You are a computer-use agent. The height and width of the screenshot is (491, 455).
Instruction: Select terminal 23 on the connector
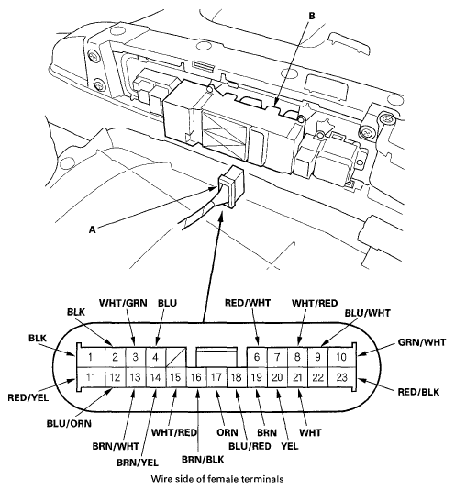click(x=340, y=376)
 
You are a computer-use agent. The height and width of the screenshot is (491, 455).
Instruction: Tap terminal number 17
click(x=216, y=376)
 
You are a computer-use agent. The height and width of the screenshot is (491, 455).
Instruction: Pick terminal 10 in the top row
click(x=340, y=356)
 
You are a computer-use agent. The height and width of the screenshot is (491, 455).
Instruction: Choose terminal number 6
click(x=258, y=356)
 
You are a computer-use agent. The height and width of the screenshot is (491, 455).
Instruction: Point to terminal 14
click(x=155, y=376)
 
